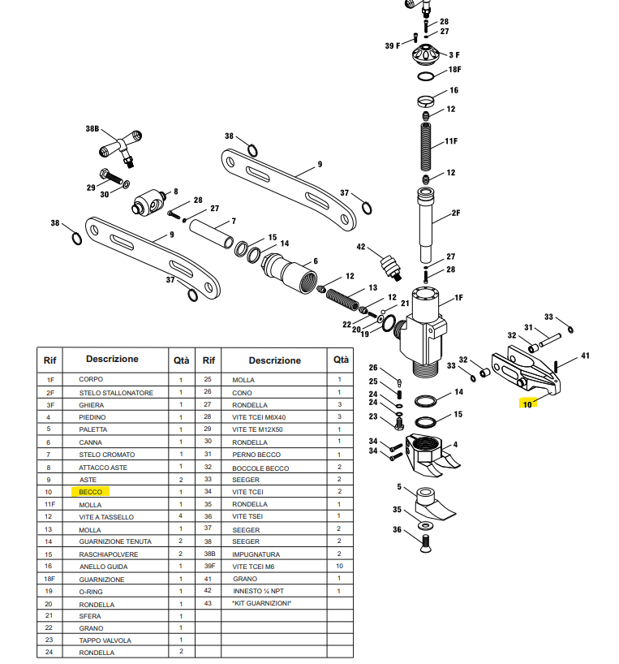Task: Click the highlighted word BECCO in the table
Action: coord(91,492)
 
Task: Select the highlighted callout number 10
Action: coord(527,404)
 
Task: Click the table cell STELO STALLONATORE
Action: coord(115,393)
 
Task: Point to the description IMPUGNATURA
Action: coord(256,554)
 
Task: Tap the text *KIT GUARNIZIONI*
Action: coord(260,603)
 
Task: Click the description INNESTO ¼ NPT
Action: coord(259,590)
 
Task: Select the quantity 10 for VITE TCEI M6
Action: coord(339,566)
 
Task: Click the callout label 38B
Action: coord(92,129)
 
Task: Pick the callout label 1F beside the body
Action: coord(458,298)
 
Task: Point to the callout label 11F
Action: coord(451,141)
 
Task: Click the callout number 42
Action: coord(362,247)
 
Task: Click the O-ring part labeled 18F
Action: coord(427,76)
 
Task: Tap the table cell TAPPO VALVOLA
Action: coord(105,640)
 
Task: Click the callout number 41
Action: coord(585,356)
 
